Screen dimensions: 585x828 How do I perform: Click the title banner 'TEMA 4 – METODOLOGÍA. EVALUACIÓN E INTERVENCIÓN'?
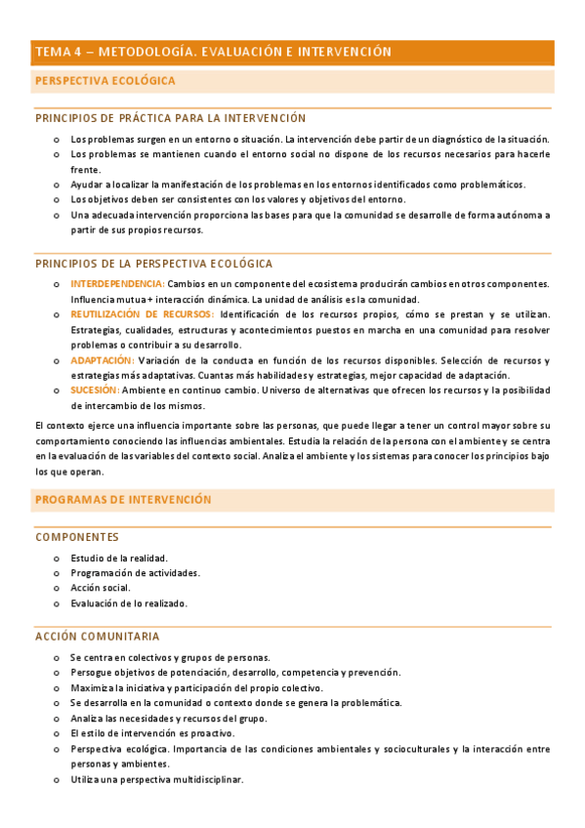coord(213,52)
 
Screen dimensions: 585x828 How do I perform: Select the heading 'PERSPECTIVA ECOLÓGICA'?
coord(105,81)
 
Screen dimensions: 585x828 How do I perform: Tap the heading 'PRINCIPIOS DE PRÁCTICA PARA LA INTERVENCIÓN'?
coord(171,118)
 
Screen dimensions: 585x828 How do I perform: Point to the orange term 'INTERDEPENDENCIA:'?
coord(116,283)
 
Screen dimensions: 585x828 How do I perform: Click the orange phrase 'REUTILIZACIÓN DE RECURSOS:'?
coord(143,314)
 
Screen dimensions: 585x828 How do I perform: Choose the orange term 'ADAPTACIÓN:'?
coord(103,360)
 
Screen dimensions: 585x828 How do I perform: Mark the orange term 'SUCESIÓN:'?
coord(95,391)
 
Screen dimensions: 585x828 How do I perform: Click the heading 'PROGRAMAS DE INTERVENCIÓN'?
coord(123,499)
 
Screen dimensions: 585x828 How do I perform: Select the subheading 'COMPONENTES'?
coord(77,537)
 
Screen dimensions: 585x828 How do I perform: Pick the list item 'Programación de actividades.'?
coord(135,573)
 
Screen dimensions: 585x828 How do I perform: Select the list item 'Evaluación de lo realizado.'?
coord(129,603)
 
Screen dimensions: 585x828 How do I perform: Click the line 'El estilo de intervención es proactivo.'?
coord(152,733)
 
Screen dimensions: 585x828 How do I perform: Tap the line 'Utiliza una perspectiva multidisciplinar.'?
coord(156,780)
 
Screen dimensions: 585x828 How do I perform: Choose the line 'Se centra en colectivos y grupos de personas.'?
coord(170,657)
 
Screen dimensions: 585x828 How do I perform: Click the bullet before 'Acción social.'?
coord(57,589)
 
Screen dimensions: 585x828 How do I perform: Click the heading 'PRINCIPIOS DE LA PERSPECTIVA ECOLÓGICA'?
coord(154,264)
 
